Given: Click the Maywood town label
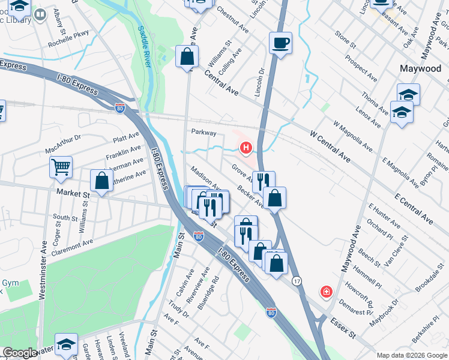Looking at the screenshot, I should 420,68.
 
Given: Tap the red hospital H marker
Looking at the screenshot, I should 246,148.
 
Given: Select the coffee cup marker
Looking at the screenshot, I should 280,44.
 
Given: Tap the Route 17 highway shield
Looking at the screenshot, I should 296,280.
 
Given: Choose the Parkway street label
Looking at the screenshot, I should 203,131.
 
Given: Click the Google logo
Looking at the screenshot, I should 20,353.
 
